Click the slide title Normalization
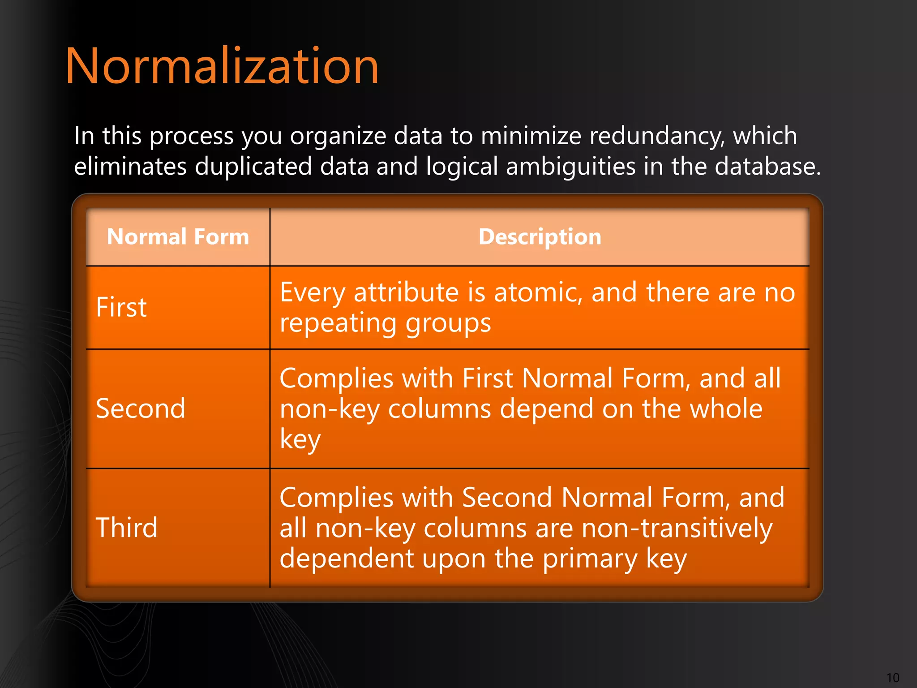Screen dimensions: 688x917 pos(222,66)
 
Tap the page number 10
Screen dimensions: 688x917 pos(892,678)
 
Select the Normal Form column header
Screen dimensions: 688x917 pos(178,236)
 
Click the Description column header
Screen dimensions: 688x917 pos(540,236)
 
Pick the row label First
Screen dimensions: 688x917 pos(121,307)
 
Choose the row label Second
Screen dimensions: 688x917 pos(140,408)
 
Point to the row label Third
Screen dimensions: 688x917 pos(127,528)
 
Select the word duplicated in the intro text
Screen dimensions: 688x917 pos(253,167)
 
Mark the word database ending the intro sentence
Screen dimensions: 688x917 pos(767,167)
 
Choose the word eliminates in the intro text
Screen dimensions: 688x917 pos(130,167)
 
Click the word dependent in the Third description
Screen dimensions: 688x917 pos(347,559)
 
